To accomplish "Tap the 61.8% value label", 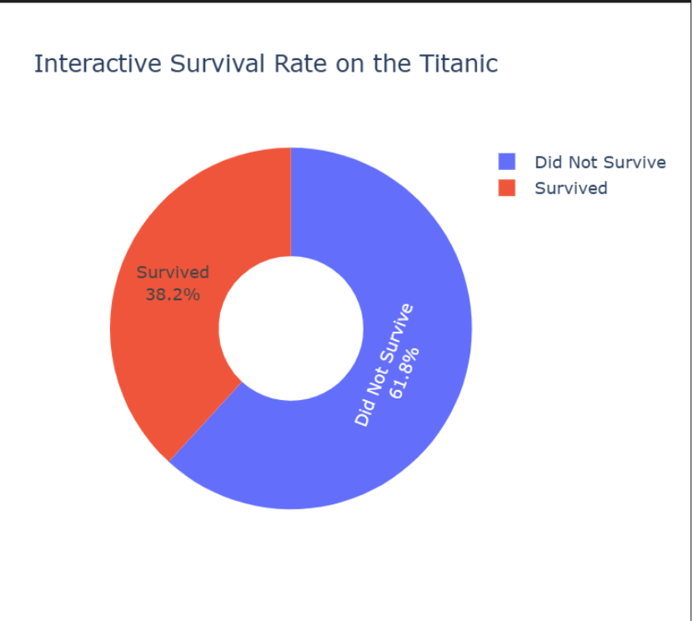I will point(404,372).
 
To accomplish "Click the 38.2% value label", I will point(173,293).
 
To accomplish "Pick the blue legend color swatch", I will point(507,162).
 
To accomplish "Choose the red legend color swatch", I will point(507,188).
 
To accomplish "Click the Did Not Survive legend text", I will point(600,162).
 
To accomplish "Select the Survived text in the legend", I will point(571,188).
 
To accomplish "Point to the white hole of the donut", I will point(291,328).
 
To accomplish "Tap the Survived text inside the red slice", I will point(173,273).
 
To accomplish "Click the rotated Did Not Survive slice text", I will point(383,365).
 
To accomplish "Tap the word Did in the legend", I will point(548,162).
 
